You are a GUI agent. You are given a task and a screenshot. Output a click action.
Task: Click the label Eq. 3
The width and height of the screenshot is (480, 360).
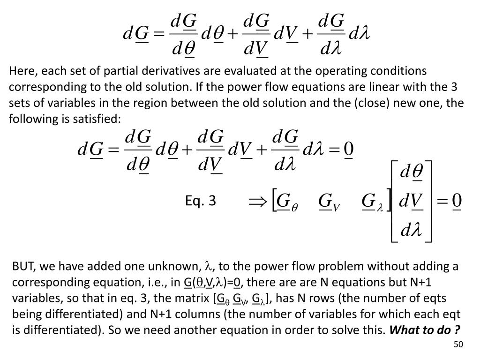pos(200,201)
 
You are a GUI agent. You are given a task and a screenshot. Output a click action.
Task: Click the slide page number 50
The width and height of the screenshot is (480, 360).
pos(458,345)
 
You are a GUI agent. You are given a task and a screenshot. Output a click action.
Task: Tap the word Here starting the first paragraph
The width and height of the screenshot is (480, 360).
pos(21,71)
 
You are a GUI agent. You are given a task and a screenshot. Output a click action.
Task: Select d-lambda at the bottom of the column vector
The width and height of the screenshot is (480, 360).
pos(411,230)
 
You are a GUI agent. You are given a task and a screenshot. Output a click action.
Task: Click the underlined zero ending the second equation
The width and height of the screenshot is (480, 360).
pos(349,150)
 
